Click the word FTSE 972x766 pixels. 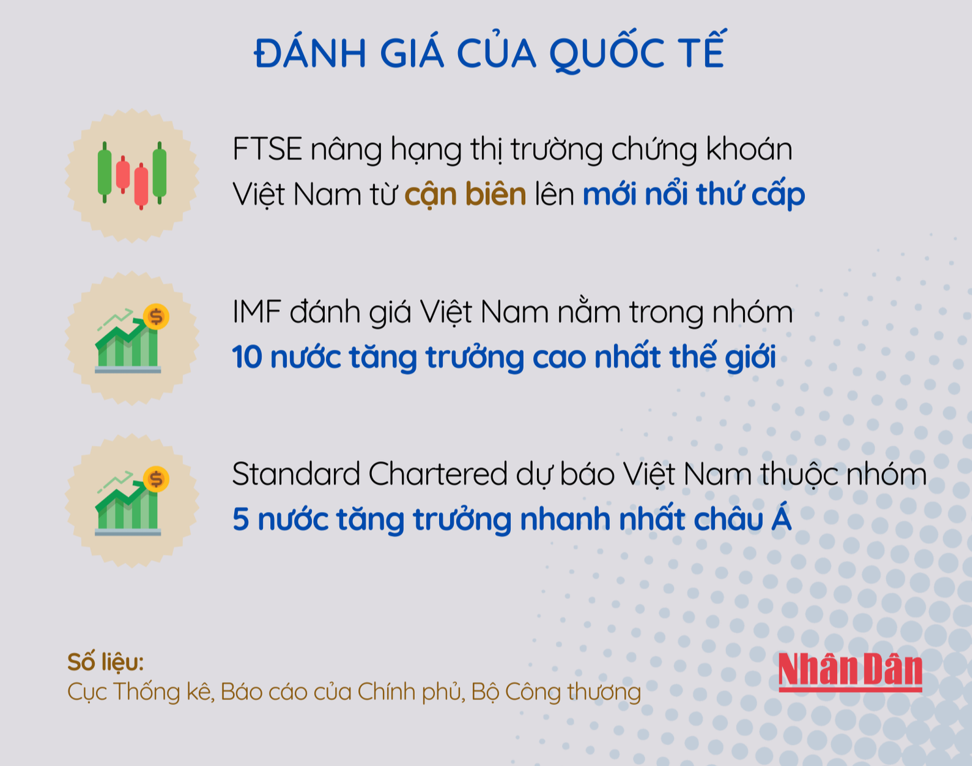(267, 150)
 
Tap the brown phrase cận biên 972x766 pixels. (465, 195)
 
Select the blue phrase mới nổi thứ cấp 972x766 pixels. (693, 195)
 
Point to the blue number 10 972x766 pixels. (247, 357)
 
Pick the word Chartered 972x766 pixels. (438, 474)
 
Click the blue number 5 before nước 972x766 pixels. (241, 519)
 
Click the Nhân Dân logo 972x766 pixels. (850, 672)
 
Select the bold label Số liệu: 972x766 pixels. (106, 662)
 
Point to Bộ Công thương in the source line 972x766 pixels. (556, 692)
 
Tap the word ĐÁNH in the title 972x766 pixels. (310, 54)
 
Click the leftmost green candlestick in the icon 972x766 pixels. (104, 172)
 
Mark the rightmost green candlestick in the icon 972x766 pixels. (159, 173)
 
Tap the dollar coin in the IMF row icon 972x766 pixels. (157, 317)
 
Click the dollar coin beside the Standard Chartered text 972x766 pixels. (157, 479)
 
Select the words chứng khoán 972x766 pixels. (702, 150)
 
